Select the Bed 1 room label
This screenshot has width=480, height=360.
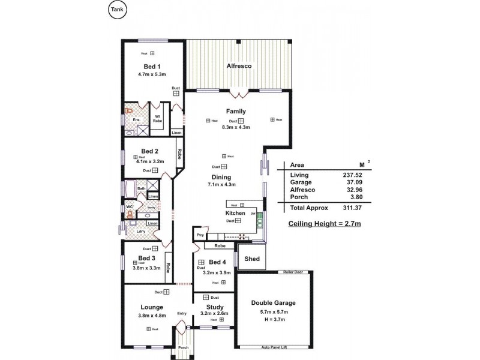(x=151, y=67)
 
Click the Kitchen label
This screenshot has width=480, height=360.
(x=235, y=213)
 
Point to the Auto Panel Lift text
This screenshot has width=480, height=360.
(x=276, y=347)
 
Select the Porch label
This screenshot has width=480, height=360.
(x=183, y=347)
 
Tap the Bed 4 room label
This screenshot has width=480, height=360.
(x=218, y=262)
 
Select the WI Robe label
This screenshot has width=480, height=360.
(x=158, y=118)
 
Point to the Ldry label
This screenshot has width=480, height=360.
(x=141, y=231)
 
